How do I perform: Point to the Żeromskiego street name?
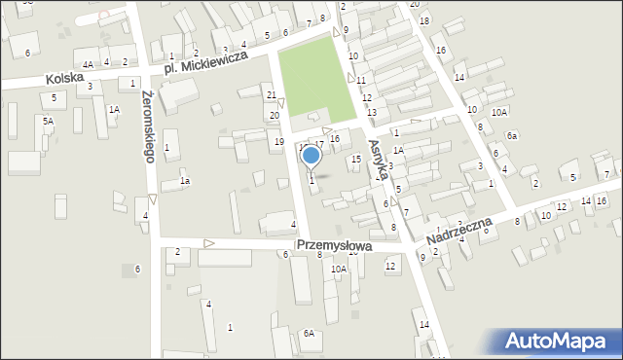[149, 126]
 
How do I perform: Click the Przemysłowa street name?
[336, 246]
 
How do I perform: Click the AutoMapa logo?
[554, 341]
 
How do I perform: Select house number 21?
[272, 94]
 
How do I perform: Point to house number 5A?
[47, 121]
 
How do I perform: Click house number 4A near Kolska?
[88, 64]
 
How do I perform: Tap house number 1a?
[183, 181]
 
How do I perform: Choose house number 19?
[278, 142]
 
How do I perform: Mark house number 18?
[423, 20]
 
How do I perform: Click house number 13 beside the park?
[371, 112]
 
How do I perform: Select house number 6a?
[511, 135]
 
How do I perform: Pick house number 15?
[356, 159]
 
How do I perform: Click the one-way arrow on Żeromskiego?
[152, 198]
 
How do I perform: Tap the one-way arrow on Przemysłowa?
[208, 242]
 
